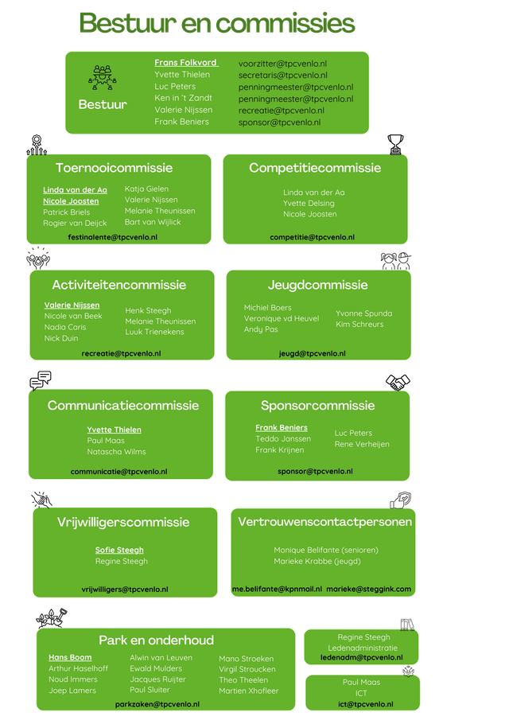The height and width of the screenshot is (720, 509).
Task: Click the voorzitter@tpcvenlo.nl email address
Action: (282, 64)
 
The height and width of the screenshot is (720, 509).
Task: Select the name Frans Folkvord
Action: (186, 62)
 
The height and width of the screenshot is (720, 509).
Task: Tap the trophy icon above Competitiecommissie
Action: (395, 144)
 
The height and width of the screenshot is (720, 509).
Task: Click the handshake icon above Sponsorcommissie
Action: (398, 382)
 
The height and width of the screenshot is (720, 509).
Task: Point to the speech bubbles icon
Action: (41, 380)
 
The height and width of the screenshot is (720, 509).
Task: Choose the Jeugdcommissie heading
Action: (317, 285)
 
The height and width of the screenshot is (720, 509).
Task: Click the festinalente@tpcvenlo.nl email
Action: (112, 237)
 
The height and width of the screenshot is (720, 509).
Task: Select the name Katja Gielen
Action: (146, 189)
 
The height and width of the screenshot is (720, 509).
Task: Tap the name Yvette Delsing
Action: (309, 204)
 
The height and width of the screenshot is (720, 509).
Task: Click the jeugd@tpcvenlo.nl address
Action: (312, 353)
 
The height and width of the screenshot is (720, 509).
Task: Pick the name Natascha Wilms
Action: (117, 452)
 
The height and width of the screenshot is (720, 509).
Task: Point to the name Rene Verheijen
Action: (362, 444)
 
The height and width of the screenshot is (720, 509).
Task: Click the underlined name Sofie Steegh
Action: (119, 550)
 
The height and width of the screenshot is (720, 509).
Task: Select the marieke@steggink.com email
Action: (368, 589)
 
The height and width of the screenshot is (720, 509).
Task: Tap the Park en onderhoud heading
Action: (156, 640)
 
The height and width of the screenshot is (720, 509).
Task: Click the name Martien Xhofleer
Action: (249, 691)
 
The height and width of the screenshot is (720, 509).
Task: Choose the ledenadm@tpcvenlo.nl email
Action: (362, 657)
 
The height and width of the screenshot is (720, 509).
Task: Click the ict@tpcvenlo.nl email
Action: (365, 704)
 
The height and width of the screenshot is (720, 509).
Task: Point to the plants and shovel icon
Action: (52, 618)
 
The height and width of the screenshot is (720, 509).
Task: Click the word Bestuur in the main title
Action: (127, 23)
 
